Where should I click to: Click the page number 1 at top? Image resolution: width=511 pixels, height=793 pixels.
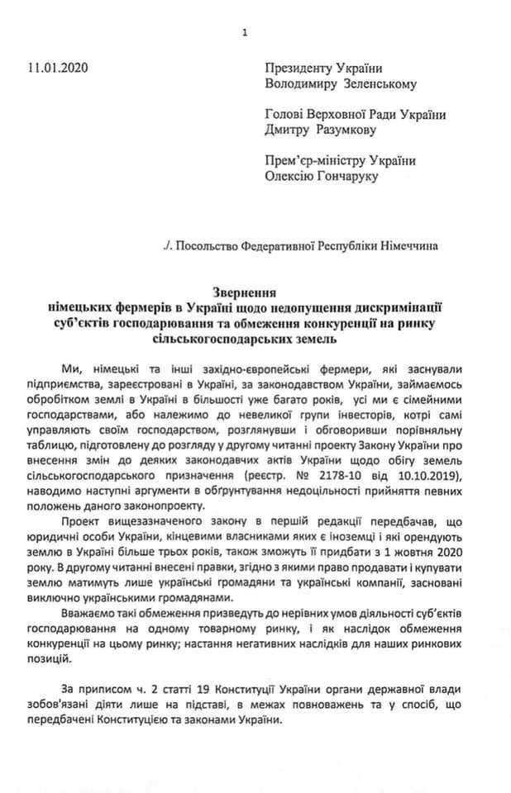pos(245,33)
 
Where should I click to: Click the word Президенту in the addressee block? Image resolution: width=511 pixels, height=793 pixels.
pos(298,69)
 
